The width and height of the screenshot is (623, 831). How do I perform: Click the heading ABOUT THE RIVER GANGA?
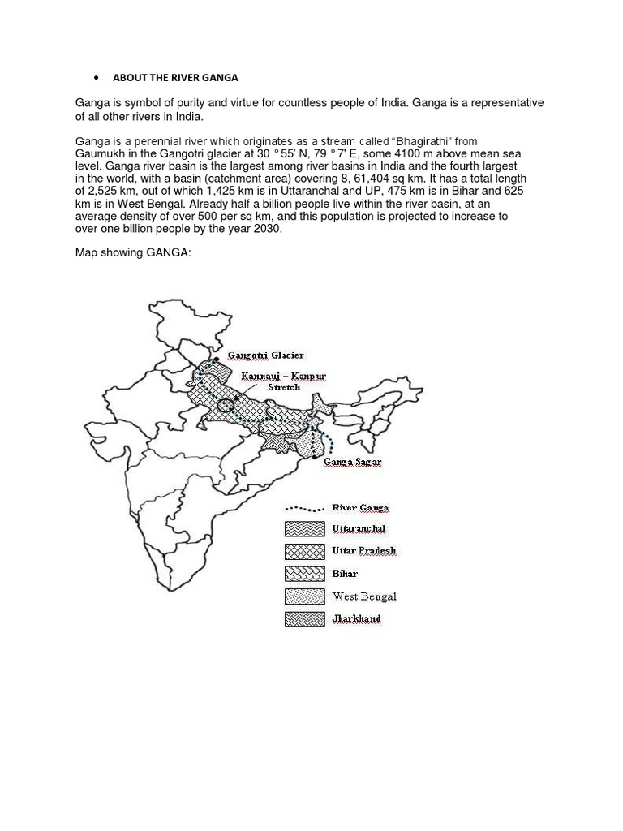[x=175, y=78]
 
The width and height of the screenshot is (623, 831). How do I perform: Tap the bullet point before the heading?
[x=97, y=78]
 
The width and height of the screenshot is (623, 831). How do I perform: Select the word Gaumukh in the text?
[x=101, y=153]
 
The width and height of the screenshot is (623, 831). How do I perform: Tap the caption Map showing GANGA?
[x=133, y=253]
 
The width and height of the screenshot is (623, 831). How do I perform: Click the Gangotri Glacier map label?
[x=266, y=355]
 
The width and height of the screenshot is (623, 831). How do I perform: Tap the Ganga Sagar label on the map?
[x=352, y=462]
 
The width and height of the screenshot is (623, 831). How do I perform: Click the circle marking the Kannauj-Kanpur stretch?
[x=226, y=404]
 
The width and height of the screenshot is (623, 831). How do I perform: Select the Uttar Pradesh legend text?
[x=364, y=551]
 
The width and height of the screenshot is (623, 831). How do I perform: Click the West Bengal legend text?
[x=364, y=596]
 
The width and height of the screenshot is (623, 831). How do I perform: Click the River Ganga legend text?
[x=360, y=508]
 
